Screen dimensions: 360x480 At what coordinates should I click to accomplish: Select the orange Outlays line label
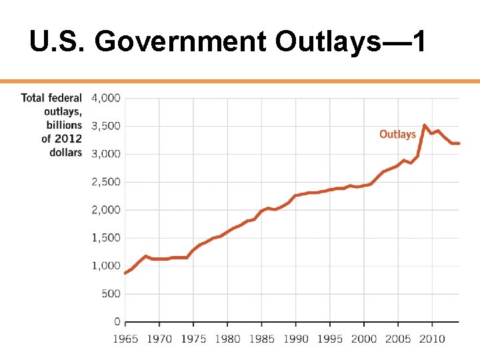(x=397, y=134)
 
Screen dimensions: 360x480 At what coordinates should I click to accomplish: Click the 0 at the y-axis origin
(x=117, y=322)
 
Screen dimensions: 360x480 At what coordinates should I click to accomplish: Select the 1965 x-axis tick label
(x=125, y=339)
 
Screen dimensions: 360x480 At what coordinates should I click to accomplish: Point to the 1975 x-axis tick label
(x=193, y=339)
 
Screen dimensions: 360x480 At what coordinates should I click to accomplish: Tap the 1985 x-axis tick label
(x=261, y=339)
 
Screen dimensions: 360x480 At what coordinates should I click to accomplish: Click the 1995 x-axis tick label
(x=330, y=339)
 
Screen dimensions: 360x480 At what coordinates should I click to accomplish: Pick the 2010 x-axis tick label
(x=432, y=339)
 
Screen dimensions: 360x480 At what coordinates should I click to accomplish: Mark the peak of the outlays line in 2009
(x=425, y=125)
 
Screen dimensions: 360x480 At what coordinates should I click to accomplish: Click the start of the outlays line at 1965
(x=126, y=273)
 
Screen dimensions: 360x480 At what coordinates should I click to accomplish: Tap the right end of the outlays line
(x=459, y=143)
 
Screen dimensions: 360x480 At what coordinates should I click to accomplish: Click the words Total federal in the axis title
(x=51, y=98)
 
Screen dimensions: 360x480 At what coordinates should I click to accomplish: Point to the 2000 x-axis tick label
(x=364, y=339)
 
